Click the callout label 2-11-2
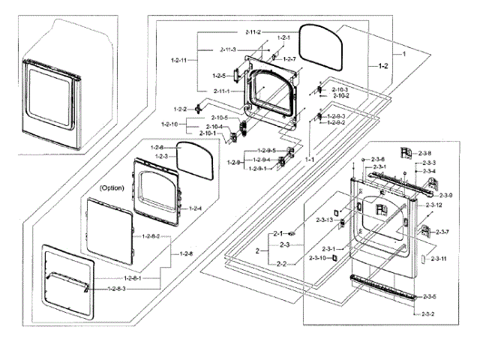(x=252, y=31)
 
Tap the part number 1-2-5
(x=219, y=76)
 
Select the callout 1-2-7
(x=288, y=58)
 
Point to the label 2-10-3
(x=340, y=89)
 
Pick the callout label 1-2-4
(x=194, y=208)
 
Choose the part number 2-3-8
(x=424, y=153)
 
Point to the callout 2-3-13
(x=324, y=220)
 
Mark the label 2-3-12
(x=434, y=205)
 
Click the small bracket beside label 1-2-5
(x=233, y=76)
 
